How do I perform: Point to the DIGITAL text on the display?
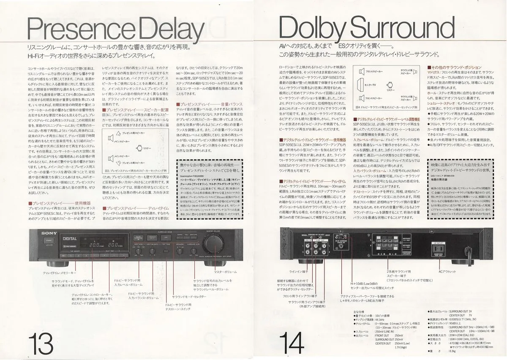(x=69, y=240)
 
